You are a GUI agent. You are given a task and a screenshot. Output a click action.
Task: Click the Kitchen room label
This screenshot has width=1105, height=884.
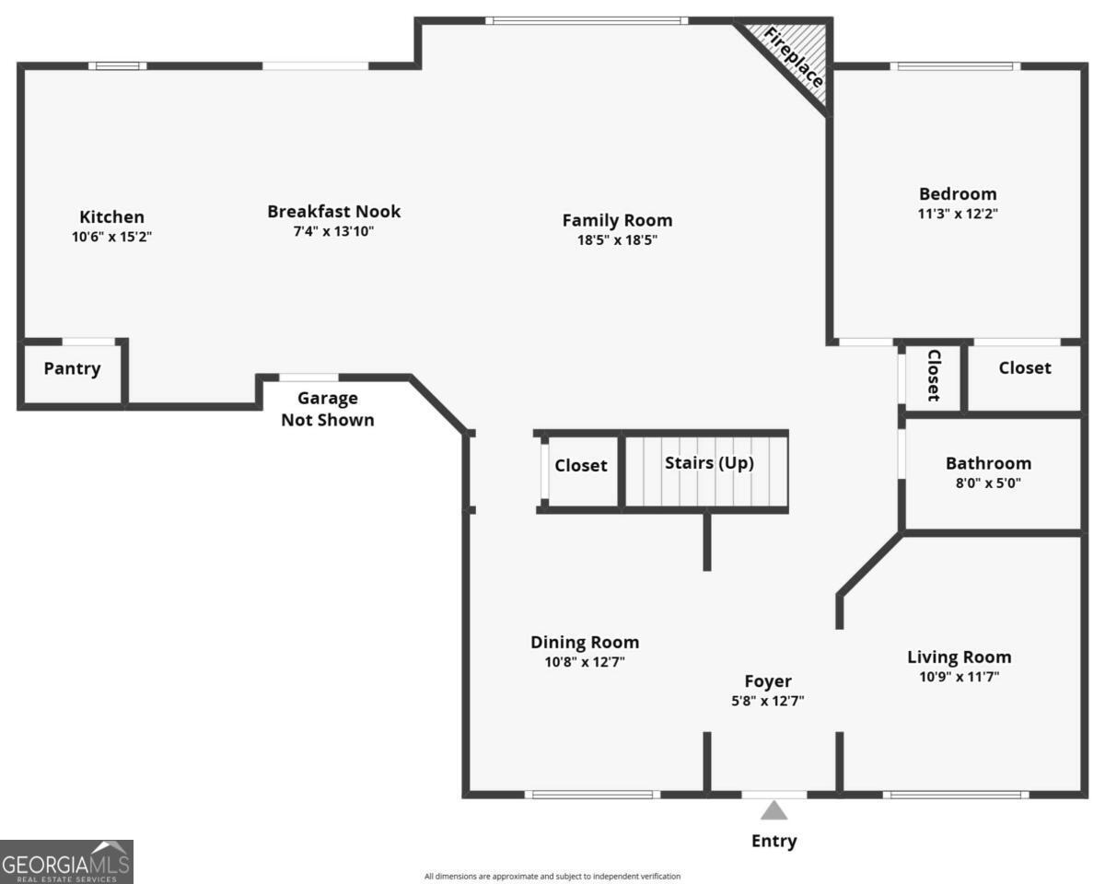pos(111,217)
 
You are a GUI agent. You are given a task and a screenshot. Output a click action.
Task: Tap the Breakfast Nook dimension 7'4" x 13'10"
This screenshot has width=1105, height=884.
pos(333,231)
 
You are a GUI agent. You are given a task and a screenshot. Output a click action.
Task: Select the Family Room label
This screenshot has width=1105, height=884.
pos(617,220)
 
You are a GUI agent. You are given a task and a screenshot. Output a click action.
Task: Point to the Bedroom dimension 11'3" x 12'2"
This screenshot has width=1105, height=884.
pos(958,213)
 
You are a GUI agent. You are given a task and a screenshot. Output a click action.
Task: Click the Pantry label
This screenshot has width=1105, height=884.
pos(72,369)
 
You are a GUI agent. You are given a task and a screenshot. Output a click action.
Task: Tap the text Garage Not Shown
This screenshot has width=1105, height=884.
pos(328,409)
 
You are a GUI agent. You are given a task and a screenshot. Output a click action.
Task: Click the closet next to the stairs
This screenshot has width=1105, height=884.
pos(580,466)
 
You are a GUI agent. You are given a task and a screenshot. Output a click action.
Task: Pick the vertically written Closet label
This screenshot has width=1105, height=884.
pos(933,375)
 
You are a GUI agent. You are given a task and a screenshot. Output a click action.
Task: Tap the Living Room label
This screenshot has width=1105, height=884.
pos(959,657)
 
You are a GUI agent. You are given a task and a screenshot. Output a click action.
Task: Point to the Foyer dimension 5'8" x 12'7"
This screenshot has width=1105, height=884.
pos(767,701)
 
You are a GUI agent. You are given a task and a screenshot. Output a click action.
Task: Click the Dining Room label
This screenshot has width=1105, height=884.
pos(584,642)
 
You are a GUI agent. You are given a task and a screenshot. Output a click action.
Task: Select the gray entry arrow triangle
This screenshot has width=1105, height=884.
pos(773,810)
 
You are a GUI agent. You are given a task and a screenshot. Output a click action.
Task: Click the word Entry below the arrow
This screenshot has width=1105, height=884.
pos(773,841)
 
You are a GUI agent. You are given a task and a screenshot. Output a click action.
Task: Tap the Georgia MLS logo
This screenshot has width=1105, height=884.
pos(66,862)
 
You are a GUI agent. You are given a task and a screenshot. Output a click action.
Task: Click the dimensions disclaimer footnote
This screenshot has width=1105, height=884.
pos(552,877)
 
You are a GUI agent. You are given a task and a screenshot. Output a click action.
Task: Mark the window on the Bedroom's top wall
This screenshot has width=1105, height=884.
pos(955,66)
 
